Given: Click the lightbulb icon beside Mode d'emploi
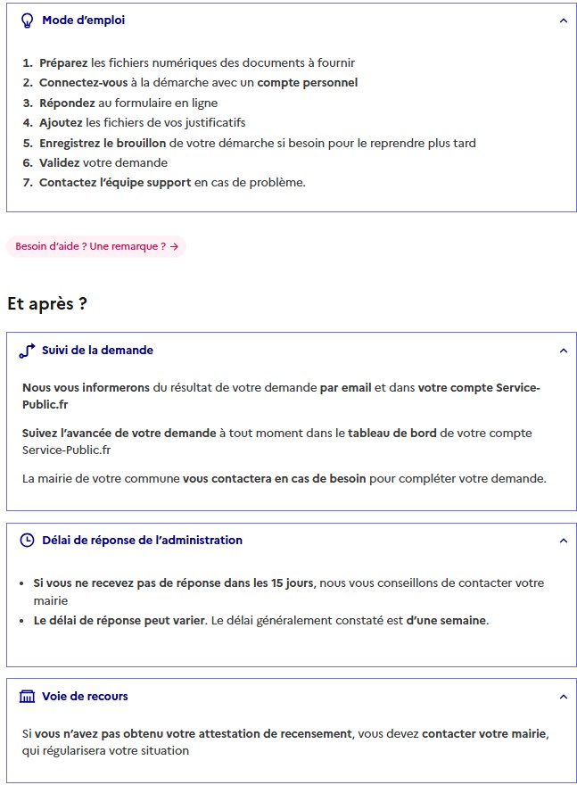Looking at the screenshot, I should pyautogui.click(x=27, y=21).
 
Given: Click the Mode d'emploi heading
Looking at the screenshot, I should pyautogui.click(x=83, y=21).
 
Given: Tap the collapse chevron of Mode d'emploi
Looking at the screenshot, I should pyautogui.click(x=563, y=21).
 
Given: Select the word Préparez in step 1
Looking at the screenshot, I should pyautogui.click(x=63, y=63).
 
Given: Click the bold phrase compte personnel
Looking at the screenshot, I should pyautogui.click(x=308, y=83).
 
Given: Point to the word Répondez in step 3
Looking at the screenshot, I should pyautogui.click(x=66, y=103).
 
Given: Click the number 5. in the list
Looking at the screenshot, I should pyautogui.click(x=28, y=143).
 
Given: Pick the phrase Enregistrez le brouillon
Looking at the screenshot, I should pyautogui.click(x=103, y=143).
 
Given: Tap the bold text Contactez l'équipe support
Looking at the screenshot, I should pyautogui.click(x=115, y=183).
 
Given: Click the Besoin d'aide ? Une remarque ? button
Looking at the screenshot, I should pyautogui.click(x=96, y=246).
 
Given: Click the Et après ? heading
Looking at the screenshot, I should pyautogui.click(x=46, y=303).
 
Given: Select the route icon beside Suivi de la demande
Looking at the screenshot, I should pyautogui.click(x=27, y=351).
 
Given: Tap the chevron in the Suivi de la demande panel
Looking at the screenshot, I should pyautogui.click(x=563, y=351).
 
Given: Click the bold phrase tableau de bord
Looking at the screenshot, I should pyautogui.click(x=392, y=434).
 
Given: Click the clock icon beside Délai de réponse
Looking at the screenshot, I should pyautogui.click(x=27, y=540).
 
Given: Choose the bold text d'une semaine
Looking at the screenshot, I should pyautogui.click(x=446, y=620).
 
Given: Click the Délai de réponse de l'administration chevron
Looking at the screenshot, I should pyautogui.click(x=563, y=540).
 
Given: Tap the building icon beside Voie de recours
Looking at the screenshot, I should pyautogui.click(x=27, y=697).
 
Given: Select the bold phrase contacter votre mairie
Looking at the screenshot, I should pyautogui.click(x=484, y=734).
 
